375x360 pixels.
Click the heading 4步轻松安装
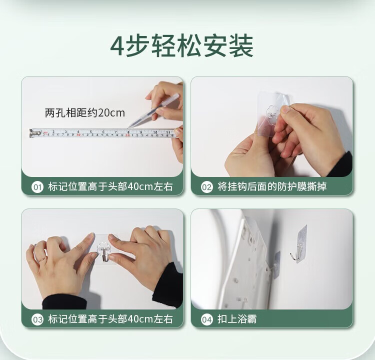[182, 45]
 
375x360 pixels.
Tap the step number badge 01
[37, 187]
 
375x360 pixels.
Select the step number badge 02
[206, 187]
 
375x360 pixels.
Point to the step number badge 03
[37, 319]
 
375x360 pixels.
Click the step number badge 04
[206, 319]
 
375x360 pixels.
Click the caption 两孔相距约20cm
[85, 113]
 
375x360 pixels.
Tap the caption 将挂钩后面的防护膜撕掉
[272, 186]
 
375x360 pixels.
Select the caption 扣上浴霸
[237, 319]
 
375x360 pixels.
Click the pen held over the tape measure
[153, 110]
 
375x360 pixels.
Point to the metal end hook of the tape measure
[32, 133]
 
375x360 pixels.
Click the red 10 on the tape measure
[78, 135]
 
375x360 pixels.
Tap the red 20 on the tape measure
[127, 135]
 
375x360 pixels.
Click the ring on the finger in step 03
[42, 259]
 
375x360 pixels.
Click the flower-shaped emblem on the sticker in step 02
[272, 112]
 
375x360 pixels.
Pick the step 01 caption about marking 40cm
[110, 186]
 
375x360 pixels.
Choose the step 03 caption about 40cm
[110, 319]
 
